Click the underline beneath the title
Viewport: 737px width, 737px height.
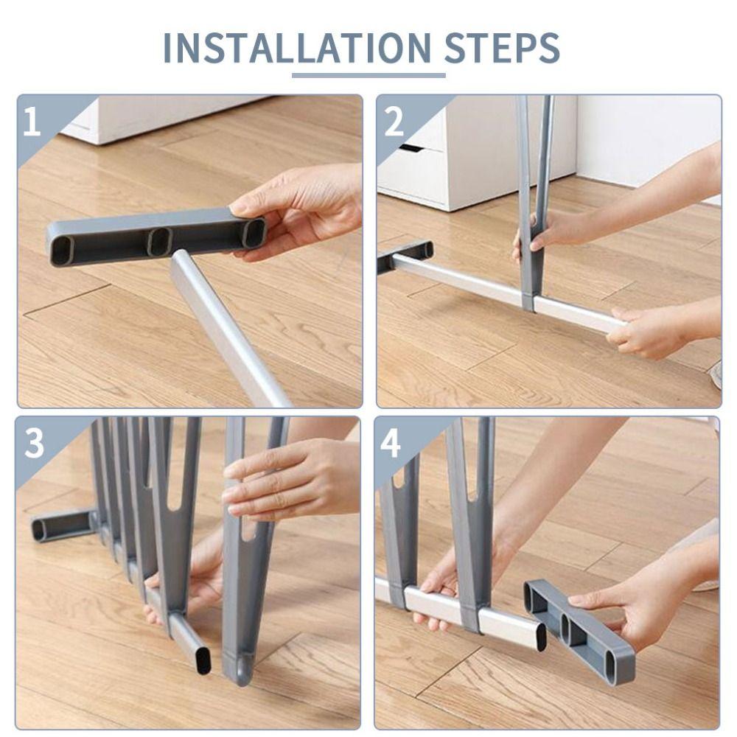tap(368, 74)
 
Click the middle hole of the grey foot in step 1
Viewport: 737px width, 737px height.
tap(158, 241)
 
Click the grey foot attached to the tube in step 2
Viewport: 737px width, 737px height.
tap(405, 254)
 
